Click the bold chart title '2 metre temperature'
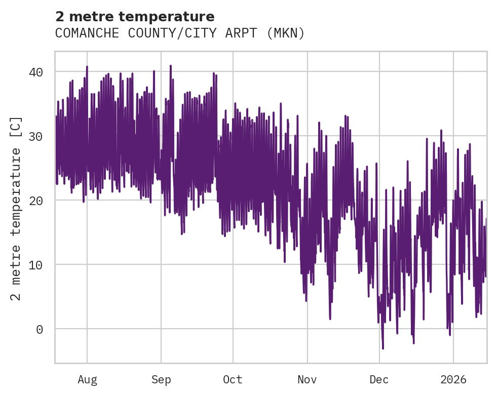click(135, 17)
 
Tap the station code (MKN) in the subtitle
click(287, 33)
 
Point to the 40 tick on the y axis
click(35, 72)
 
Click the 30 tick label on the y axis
click(35, 136)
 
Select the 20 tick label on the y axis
click(35, 201)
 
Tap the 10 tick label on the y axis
click(35, 265)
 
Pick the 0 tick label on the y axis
click(39, 329)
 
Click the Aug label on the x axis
click(87, 380)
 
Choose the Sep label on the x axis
click(161, 380)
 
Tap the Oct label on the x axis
click(233, 380)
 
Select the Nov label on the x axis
click(308, 380)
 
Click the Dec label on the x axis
click(379, 380)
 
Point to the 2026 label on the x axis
click(453, 380)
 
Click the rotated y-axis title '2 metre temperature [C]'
click(16, 208)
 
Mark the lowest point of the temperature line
click(383, 348)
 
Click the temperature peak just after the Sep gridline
click(171, 66)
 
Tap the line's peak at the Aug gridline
click(87, 66)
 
